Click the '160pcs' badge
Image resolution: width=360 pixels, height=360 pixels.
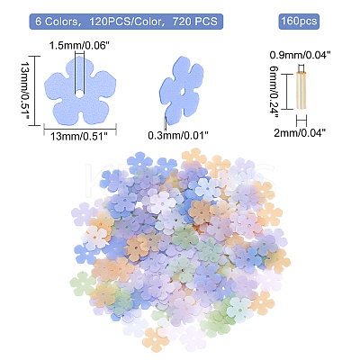(299, 22)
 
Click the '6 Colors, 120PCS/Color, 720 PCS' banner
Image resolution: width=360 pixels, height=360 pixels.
(126, 22)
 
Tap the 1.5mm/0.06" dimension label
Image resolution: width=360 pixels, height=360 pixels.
(79, 46)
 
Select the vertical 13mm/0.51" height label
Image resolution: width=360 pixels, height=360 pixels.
(25, 91)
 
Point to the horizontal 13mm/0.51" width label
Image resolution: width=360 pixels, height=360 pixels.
(79, 137)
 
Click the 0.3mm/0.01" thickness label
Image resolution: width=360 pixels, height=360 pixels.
(178, 136)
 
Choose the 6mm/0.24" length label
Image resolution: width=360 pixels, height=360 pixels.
(274, 92)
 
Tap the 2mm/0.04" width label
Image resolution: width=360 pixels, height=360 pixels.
(300, 132)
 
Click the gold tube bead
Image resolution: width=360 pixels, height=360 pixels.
(301, 91)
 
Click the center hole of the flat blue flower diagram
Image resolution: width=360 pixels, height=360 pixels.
(79, 94)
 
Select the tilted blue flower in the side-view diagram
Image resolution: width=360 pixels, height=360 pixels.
(181, 90)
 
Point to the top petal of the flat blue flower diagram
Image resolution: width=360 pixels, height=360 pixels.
(79, 68)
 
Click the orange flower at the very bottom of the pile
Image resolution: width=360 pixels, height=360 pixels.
(155, 340)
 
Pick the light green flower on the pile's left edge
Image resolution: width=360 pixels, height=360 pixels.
(82, 284)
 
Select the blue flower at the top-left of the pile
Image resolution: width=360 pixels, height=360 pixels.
(139, 163)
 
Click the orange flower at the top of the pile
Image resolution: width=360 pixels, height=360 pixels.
(193, 157)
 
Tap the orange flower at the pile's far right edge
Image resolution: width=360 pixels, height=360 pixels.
(278, 260)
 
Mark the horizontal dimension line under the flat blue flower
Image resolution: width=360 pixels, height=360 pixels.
(80, 130)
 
